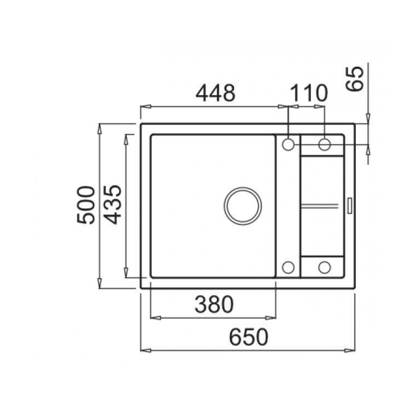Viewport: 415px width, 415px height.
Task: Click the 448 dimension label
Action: [216, 93]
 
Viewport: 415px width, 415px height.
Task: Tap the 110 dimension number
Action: [309, 93]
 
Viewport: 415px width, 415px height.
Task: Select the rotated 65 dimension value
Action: [355, 79]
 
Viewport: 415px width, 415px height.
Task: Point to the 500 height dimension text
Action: [86, 205]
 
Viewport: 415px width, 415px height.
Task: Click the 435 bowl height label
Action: [113, 205]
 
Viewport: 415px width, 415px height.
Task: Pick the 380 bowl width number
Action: [214, 304]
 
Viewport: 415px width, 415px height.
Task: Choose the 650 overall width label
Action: [248, 337]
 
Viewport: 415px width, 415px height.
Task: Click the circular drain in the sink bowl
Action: [243, 206]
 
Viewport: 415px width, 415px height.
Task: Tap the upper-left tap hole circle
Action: [288, 145]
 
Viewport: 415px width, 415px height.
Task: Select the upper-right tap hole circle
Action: [325, 145]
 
